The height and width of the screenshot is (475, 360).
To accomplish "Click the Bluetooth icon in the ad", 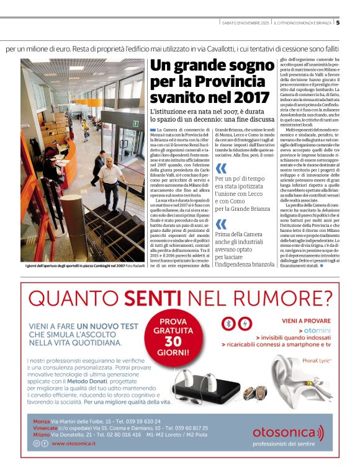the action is point(228,324).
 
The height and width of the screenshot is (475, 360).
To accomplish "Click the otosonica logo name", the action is point(292,432).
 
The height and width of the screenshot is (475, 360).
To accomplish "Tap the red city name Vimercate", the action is point(46,428).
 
